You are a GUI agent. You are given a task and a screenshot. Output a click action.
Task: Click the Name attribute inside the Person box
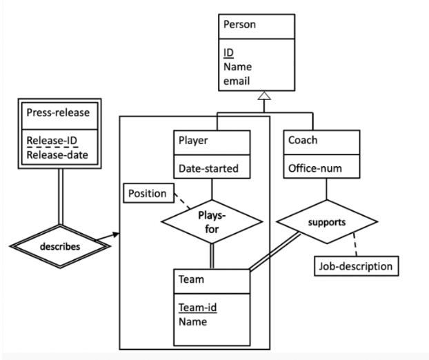point(239,67)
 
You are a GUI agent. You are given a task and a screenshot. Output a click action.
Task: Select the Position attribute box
point(148,193)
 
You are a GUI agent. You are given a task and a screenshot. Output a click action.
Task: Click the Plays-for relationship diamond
point(212,224)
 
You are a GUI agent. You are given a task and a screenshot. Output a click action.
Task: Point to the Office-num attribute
point(315,168)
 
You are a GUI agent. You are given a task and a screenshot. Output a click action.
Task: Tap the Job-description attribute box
point(355,266)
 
